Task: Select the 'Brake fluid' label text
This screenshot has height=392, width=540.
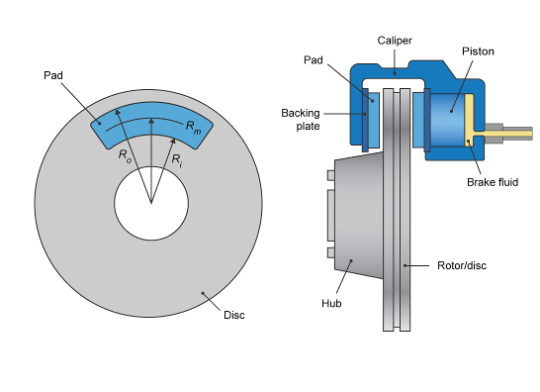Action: point(491,183)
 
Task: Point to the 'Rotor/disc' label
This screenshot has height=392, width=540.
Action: point(460,265)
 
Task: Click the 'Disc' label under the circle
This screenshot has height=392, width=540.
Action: point(234,315)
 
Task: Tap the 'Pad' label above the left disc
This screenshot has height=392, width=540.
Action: point(54,75)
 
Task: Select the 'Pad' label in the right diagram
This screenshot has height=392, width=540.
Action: point(313,60)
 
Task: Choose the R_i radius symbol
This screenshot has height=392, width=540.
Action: point(176,158)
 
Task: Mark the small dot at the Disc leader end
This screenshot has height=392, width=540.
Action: point(204,292)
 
